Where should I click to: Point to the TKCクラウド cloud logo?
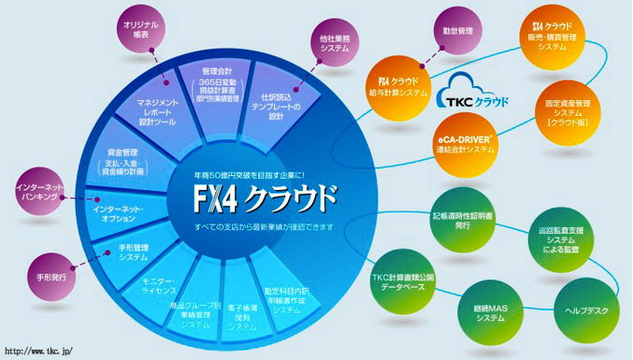pyautogui.click(x=473, y=95)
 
